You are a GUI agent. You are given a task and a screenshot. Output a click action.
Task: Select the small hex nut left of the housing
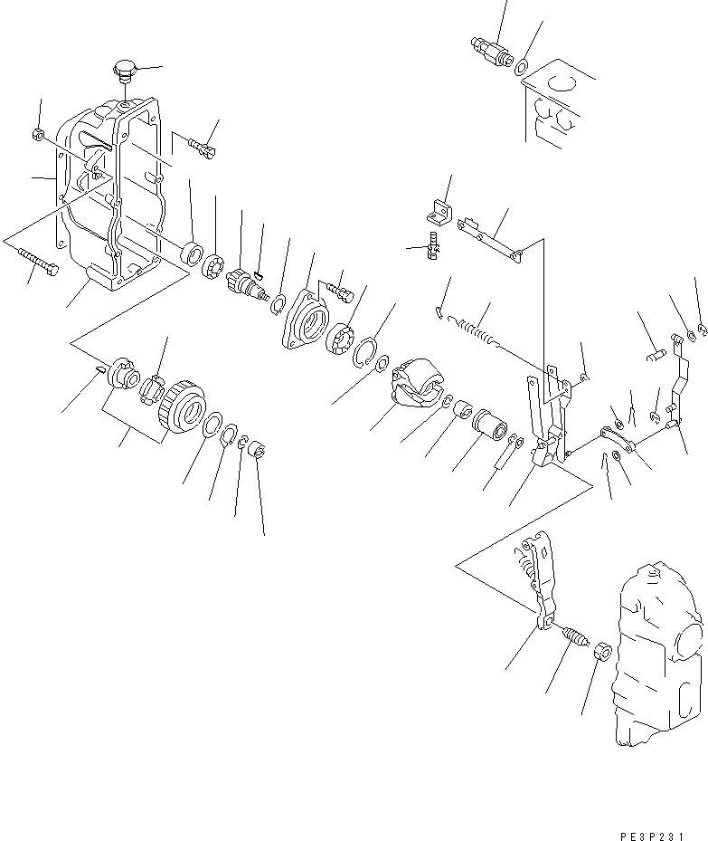(x=39, y=135)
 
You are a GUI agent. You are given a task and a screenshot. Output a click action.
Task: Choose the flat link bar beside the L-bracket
(x=489, y=239)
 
